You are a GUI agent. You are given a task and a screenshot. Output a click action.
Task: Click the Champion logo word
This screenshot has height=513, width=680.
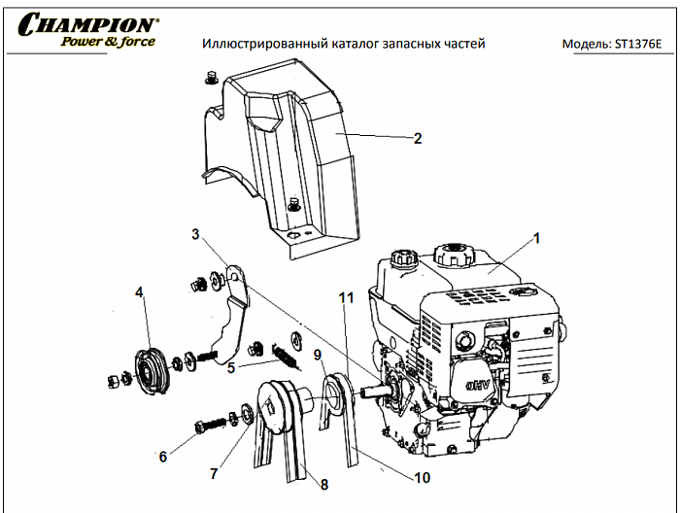point(87,24)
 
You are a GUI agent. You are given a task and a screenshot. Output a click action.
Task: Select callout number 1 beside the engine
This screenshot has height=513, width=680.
point(535,236)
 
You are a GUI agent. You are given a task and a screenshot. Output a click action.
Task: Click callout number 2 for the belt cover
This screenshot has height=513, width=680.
point(418,138)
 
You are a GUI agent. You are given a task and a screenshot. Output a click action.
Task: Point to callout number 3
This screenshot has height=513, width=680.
point(195,234)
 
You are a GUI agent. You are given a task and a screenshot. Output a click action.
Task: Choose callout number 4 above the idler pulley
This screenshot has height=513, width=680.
point(139,291)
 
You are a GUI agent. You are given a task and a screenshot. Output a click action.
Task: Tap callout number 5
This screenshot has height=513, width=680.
point(230,368)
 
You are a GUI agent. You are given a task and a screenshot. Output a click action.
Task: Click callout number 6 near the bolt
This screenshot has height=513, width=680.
point(162,455)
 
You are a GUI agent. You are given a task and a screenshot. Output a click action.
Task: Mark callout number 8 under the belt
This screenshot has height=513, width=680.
point(323,483)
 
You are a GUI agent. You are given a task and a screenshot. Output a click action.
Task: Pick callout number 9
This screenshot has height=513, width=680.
point(317,355)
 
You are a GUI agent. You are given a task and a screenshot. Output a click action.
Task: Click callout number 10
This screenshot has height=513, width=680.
point(422,477)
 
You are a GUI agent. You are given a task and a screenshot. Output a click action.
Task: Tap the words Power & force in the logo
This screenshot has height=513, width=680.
point(107,42)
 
